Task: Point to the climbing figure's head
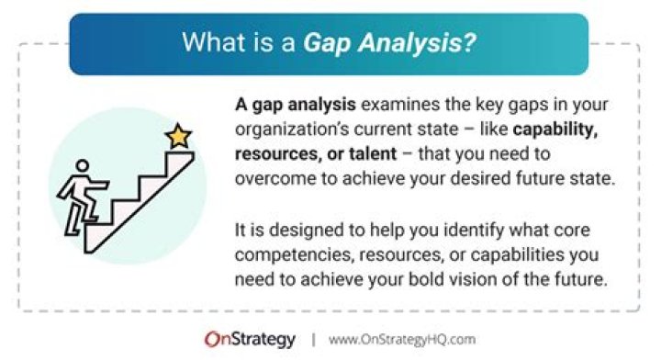pos(83,168)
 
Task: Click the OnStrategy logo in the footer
pos(250,339)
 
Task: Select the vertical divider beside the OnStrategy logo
pos(312,339)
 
